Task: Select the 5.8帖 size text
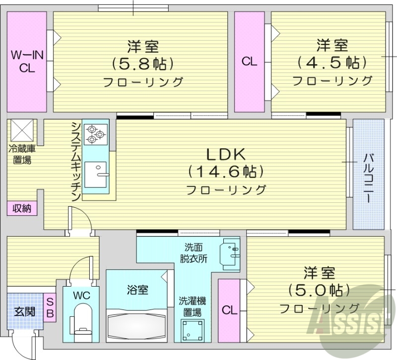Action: [x=142, y=64]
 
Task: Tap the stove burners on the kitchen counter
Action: [x=95, y=134]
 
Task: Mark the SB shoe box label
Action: [x=50, y=307]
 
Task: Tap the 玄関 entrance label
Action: [x=24, y=312]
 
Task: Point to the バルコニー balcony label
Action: [x=369, y=178]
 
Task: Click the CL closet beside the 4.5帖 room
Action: [x=249, y=61]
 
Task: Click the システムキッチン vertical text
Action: [x=75, y=161]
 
